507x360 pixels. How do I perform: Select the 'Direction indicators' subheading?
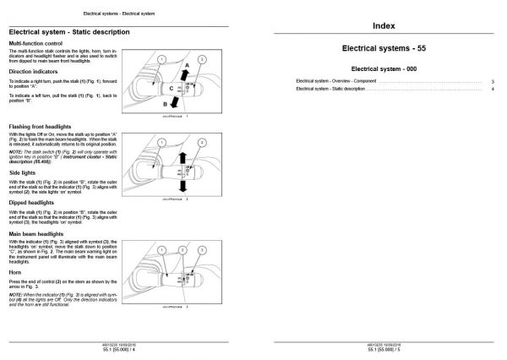[x=32, y=72]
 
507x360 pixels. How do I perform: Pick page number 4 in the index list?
[x=493, y=89]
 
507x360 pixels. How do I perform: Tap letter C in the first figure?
[x=170, y=87]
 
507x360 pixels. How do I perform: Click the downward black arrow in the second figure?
[x=180, y=182]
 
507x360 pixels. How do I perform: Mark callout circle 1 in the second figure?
[x=159, y=131]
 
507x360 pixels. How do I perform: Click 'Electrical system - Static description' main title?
[x=68, y=31]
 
